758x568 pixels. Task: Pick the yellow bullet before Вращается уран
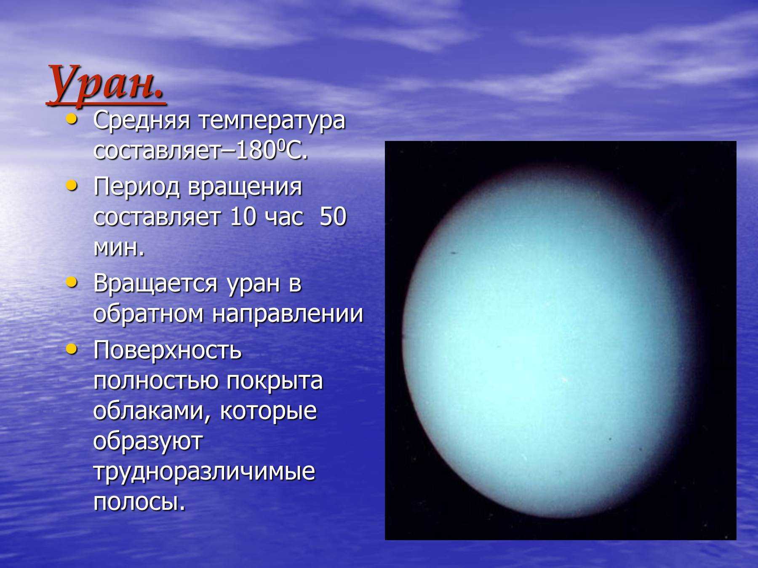point(72,282)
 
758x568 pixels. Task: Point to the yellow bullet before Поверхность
point(72,349)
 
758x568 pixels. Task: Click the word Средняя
point(142,121)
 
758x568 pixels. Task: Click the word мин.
point(119,248)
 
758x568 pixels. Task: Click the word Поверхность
point(168,350)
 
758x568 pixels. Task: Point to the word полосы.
point(139,502)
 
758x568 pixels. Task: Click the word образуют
point(148,442)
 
